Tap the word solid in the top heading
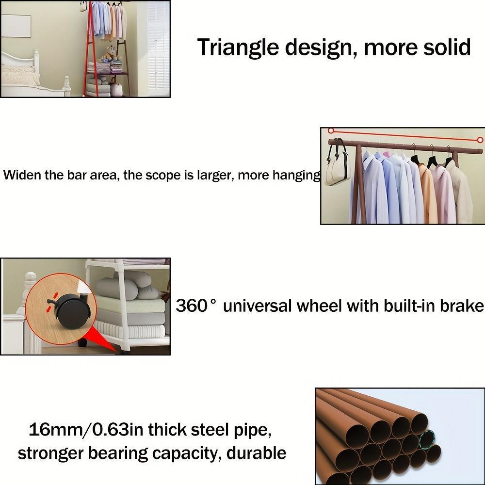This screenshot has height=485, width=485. [x=444, y=48]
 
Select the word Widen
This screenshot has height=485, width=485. [x=21, y=175]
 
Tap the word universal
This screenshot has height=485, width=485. [x=258, y=306]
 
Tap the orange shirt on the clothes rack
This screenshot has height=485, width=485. [x=427, y=194]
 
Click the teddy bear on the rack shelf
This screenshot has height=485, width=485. [x=111, y=53]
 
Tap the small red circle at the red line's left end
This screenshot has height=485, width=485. [x=331, y=130]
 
